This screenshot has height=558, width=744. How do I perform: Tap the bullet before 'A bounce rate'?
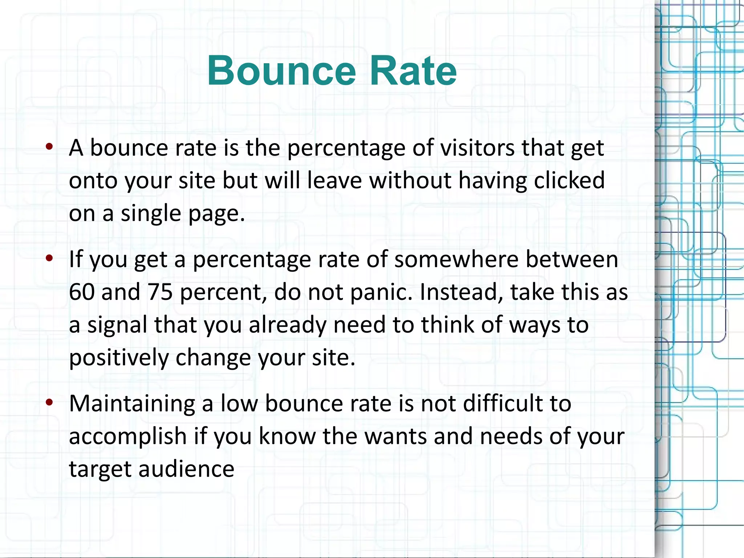coord(50,146)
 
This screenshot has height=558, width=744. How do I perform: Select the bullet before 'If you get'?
coord(50,258)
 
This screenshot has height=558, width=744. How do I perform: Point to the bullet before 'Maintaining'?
coord(50,402)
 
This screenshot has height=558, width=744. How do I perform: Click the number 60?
coord(82,292)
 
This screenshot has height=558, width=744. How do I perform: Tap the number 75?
coord(160,292)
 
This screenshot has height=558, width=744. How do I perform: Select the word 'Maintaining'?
coord(132,404)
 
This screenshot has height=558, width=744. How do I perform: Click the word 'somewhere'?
coord(456,260)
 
